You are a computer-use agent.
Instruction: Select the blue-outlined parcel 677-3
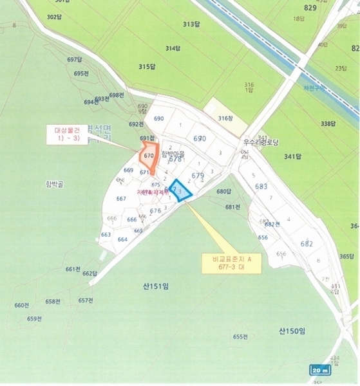point(180,191)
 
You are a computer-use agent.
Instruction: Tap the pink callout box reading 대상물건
point(66,134)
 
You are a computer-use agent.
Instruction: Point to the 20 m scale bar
point(319,370)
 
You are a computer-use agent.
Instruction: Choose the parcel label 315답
point(147,67)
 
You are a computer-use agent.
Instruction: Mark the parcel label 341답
point(292,156)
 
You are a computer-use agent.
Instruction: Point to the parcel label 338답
point(328,124)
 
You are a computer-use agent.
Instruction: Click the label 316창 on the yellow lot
point(224,118)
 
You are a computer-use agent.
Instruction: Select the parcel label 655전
point(241,336)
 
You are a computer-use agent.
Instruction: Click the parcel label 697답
point(75,60)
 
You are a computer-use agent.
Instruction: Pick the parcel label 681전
point(232,207)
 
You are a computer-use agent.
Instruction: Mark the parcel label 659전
point(34,318)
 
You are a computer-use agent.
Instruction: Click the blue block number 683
point(261,187)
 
